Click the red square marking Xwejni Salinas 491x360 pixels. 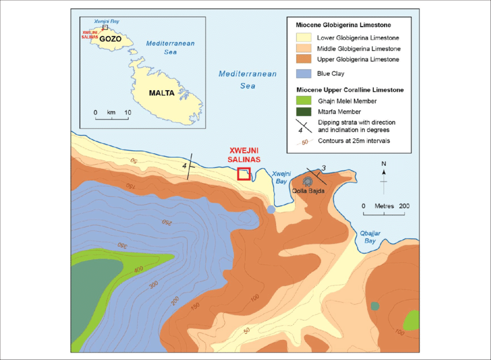244,174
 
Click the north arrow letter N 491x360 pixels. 384,164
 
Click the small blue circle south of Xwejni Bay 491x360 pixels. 271,210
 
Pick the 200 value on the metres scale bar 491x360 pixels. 404,206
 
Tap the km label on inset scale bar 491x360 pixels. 111,112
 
